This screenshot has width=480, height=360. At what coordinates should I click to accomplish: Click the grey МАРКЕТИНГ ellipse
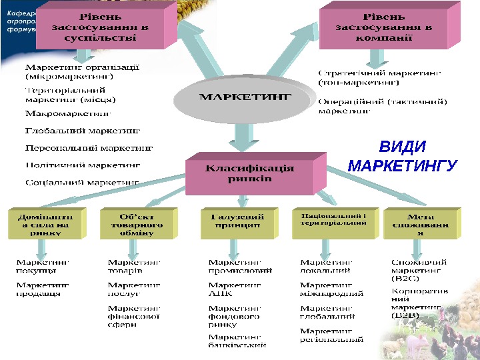245,99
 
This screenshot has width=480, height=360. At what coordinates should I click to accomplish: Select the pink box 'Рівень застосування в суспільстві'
99,27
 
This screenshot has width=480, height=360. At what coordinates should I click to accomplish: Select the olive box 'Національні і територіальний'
333,221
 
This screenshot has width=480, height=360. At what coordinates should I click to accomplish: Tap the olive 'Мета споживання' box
420,225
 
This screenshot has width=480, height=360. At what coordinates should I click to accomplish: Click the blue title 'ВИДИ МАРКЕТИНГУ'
402,155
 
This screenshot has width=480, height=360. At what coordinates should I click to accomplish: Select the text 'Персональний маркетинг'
89,147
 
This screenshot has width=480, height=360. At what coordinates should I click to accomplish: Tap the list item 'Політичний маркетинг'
83,164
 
